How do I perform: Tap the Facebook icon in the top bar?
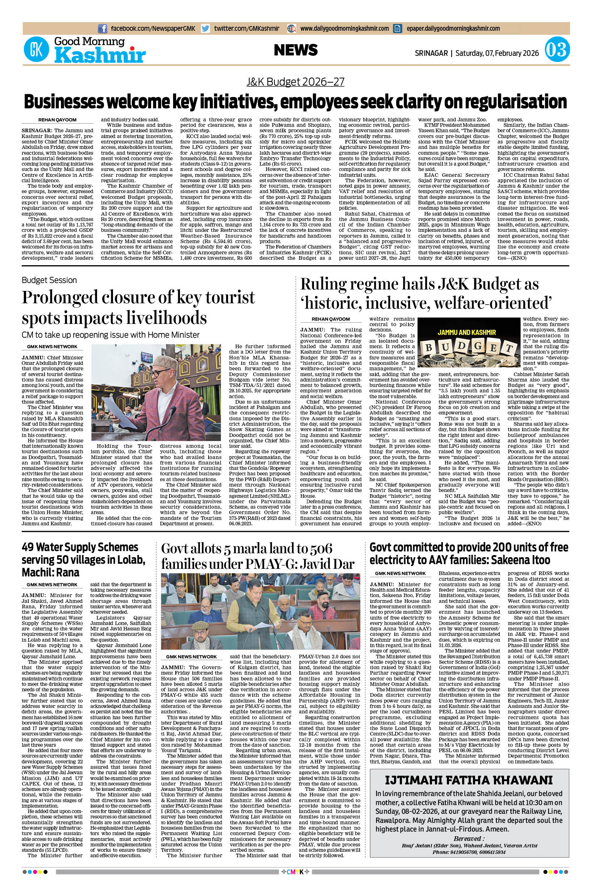tap(102, 28)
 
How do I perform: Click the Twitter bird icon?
tap(205, 28)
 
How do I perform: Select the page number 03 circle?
tap(557, 50)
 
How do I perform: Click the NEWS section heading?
tap(296, 50)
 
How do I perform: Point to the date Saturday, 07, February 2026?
tap(497, 53)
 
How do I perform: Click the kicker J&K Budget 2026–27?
tap(295, 82)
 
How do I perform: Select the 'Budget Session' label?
tap(49, 280)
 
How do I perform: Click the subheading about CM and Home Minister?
tap(110, 334)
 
